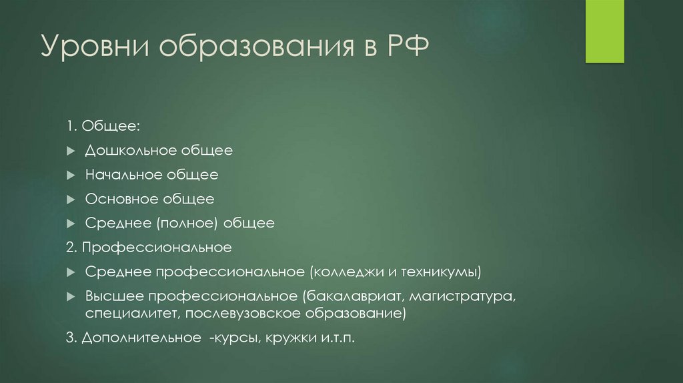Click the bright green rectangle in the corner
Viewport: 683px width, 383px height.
point(604,31)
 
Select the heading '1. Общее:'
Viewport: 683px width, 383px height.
point(103,127)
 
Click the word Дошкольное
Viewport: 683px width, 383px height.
point(131,151)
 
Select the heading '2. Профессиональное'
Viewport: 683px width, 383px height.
point(149,248)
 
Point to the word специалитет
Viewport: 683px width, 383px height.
point(133,312)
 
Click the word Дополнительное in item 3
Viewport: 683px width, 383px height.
point(141,338)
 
